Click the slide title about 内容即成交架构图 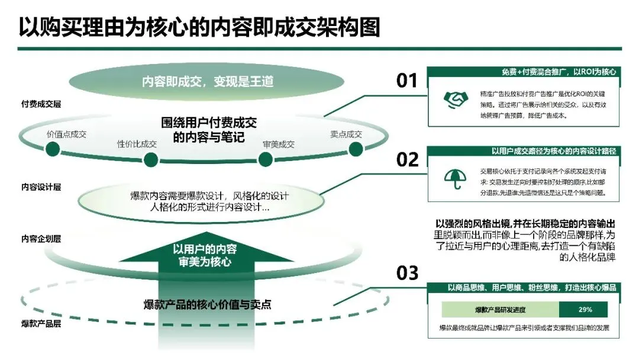[x=199, y=27]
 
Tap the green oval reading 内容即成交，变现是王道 [x=208, y=81]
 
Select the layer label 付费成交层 [x=41, y=104]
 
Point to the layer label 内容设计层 [x=41, y=187]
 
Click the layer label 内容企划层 [x=41, y=239]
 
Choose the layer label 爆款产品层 [x=41, y=324]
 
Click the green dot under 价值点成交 [x=53, y=149]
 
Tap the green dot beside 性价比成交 [x=151, y=159]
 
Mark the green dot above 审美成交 [x=264, y=159]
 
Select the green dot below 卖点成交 [x=355, y=149]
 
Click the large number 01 [x=406, y=81]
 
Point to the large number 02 [x=407, y=159]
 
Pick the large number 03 [x=407, y=274]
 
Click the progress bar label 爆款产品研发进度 [x=500, y=310]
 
